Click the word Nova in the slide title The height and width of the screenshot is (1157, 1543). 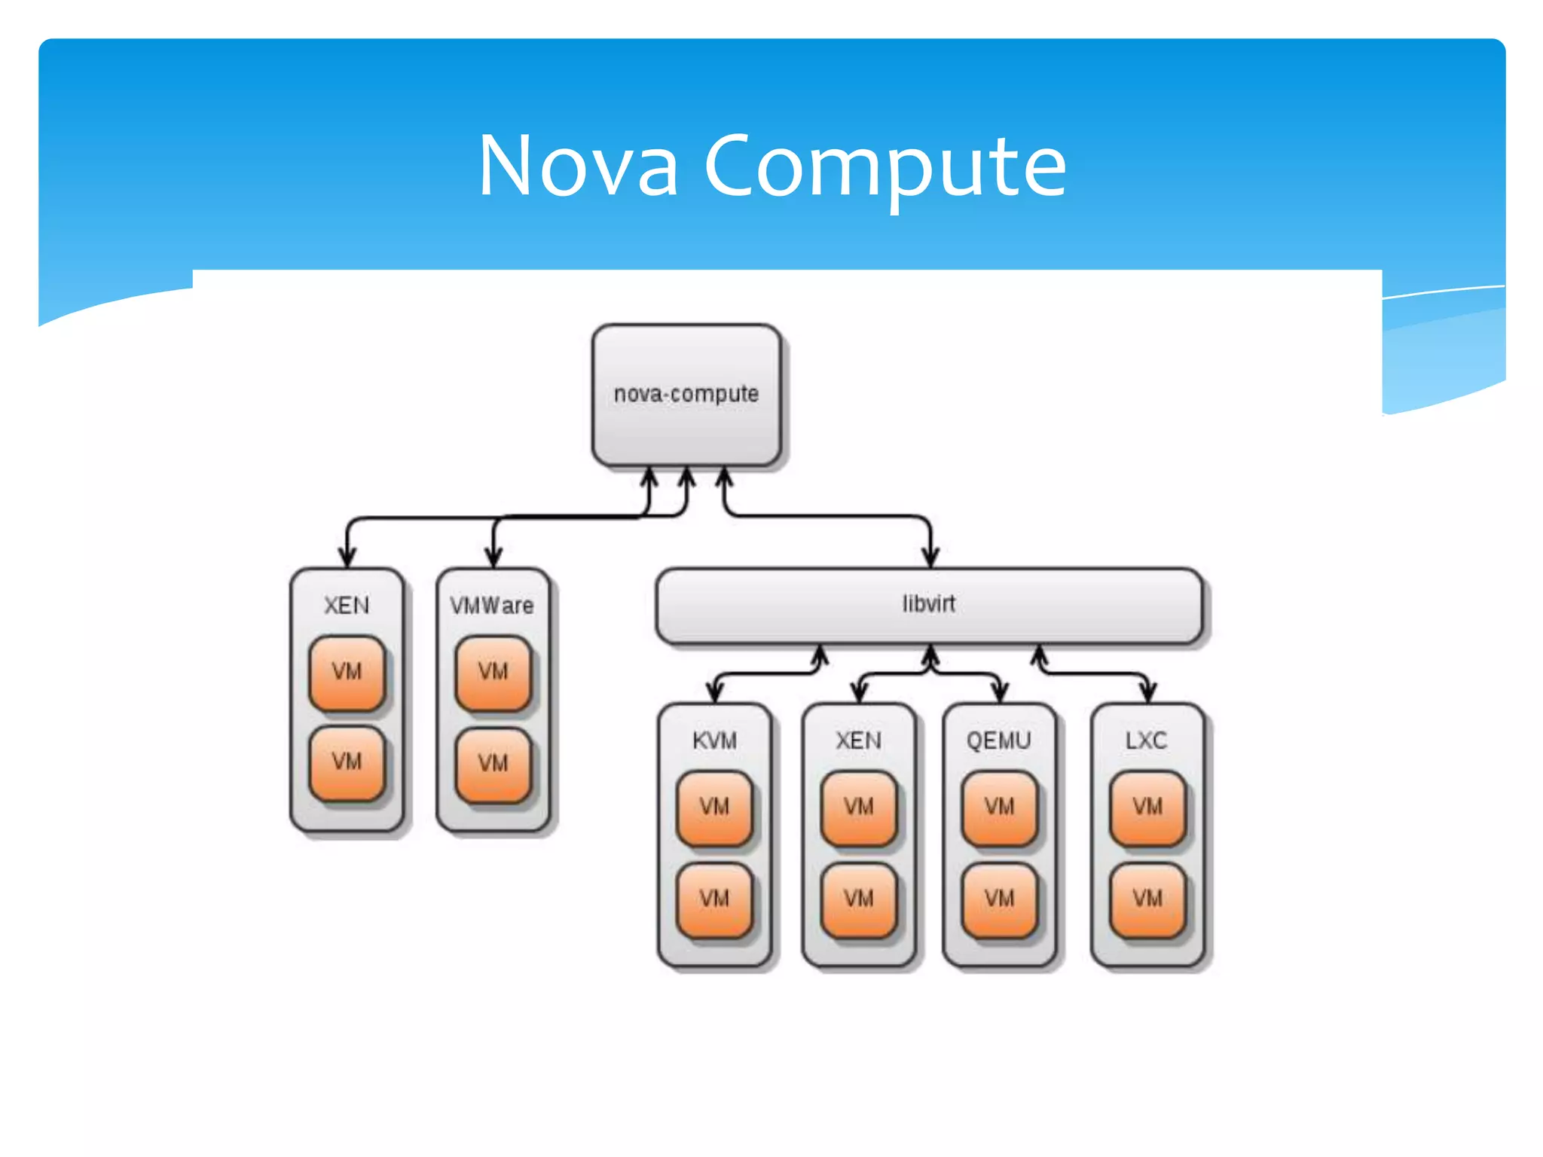(x=578, y=166)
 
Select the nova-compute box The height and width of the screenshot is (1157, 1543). (x=686, y=395)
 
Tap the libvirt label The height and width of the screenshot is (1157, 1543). (x=928, y=604)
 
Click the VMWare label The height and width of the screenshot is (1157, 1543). (x=492, y=605)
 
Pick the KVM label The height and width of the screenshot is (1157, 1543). (x=714, y=740)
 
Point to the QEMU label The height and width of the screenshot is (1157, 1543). (x=998, y=740)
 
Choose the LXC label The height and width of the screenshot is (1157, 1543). (x=1146, y=740)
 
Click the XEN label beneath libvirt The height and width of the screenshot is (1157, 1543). (x=858, y=740)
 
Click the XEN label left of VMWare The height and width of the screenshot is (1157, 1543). (x=347, y=605)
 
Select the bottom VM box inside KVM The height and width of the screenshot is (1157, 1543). (x=714, y=899)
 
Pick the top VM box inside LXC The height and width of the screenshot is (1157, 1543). (x=1147, y=807)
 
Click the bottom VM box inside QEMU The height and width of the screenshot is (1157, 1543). (x=999, y=899)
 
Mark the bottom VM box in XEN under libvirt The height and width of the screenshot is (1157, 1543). (x=858, y=899)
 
